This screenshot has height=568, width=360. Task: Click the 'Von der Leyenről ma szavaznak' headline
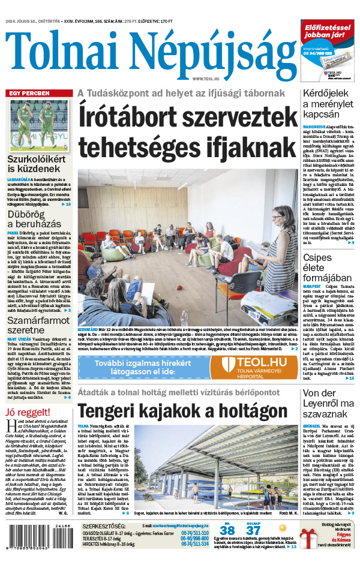pyautogui.click(x=328, y=399)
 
